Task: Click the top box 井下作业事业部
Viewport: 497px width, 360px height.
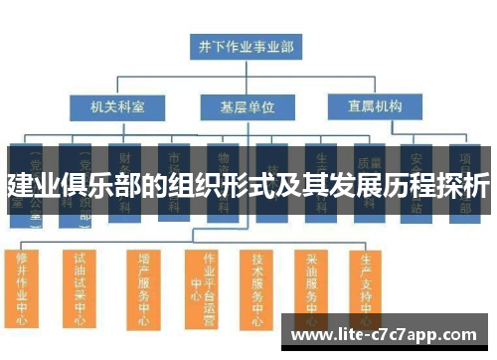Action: tap(247, 46)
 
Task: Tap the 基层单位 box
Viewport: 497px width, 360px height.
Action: tap(246, 105)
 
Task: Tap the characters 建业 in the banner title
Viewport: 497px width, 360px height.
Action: tap(31, 186)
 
